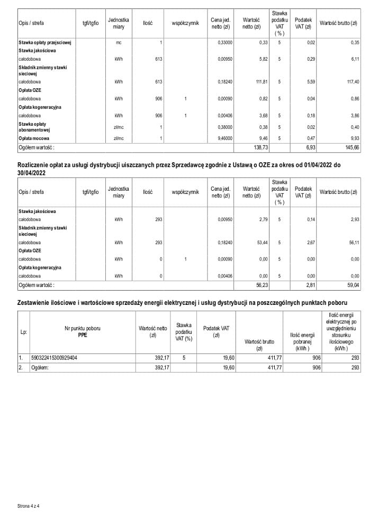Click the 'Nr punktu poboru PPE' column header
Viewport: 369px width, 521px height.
[x=82, y=332]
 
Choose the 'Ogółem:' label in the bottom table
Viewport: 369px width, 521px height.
[x=40, y=367]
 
